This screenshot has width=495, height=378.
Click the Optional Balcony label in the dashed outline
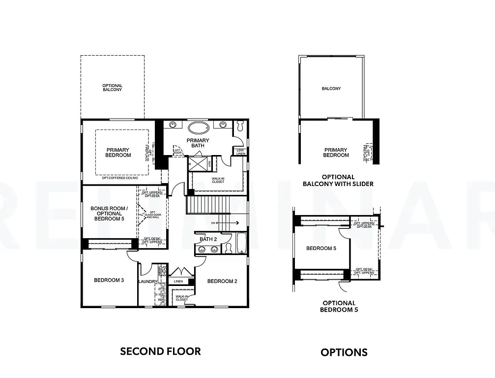point(113,88)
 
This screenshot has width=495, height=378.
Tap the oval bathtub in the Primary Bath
point(199,128)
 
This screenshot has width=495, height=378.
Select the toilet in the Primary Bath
point(239,126)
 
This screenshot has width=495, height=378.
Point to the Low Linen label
point(240,152)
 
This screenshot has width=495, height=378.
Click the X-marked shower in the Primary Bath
point(199,163)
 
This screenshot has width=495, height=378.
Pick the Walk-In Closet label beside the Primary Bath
point(218,180)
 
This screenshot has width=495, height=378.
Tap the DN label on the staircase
point(213,223)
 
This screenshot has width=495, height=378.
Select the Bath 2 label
point(207,239)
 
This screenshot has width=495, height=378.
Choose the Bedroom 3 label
point(109,281)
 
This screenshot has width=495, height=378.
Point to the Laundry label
point(148,282)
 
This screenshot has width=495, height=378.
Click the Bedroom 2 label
point(222,281)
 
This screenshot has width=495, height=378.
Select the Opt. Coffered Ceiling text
point(120,178)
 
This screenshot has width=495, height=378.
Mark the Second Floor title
point(160,351)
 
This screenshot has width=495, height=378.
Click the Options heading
point(344,352)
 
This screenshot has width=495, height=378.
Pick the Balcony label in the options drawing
point(331,89)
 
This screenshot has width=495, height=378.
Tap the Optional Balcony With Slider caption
point(338,180)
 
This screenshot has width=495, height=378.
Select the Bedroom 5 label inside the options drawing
point(321,248)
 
